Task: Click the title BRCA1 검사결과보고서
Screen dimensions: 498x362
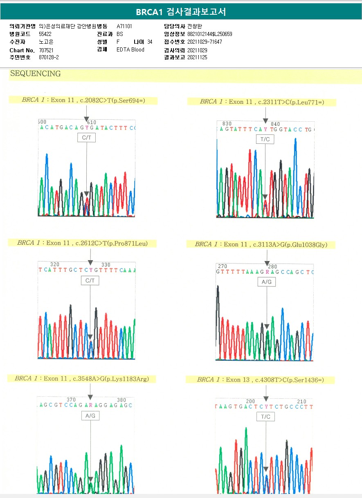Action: tap(181, 12)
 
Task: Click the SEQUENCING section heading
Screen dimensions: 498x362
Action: tap(35, 74)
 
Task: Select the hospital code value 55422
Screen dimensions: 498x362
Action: tap(45, 34)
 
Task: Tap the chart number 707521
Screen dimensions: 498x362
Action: tap(46, 50)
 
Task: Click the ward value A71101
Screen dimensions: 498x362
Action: tap(124, 26)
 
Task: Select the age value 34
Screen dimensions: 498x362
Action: tap(150, 42)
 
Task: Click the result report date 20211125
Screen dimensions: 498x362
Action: tap(197, 58)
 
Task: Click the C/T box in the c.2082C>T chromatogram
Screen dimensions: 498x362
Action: tap(87, 138)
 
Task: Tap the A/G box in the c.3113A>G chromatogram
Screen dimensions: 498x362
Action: tap(267, 282)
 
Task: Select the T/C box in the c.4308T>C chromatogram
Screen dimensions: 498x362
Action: tap(265, 417)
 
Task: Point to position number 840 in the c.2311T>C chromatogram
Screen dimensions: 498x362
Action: tap(275, 124)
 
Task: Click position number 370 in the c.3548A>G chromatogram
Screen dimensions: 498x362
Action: tap(71, 400)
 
